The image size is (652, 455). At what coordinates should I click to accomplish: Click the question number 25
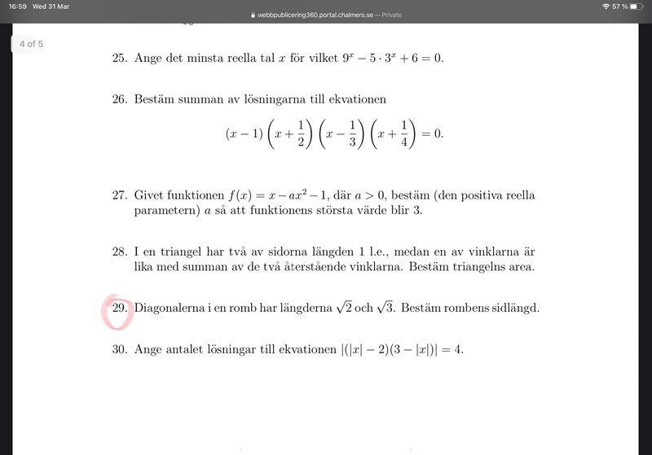pyautogui.click(x=120, y=59)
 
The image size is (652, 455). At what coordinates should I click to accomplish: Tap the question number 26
pyautogui.click(x=120, y=99)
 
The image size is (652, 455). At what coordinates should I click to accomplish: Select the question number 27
pyautogui.click(x=120, y=195)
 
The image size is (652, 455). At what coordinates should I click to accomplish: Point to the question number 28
pyautogui.click(x=120, y=252)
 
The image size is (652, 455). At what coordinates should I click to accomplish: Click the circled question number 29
pyautogui.click(x=119, y=308)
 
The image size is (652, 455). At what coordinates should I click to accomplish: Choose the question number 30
pyautogui.click(x=120, y=349)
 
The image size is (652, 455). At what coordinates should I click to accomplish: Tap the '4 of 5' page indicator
pyautogui.click(x=31, y=44)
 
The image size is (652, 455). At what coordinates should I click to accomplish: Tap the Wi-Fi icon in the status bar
pyautogui.click(x=606, y=7)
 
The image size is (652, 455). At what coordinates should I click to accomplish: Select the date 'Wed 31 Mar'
pyautogui.click(x=51, y=7)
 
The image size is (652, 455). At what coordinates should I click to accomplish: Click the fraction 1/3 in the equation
pyautogui.click(x=353, y=133)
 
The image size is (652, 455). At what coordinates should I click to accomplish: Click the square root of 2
pyautogui.click(x=344, y=308)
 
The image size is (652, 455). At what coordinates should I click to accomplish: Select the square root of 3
pyautogui.click(x=385, y=308)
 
